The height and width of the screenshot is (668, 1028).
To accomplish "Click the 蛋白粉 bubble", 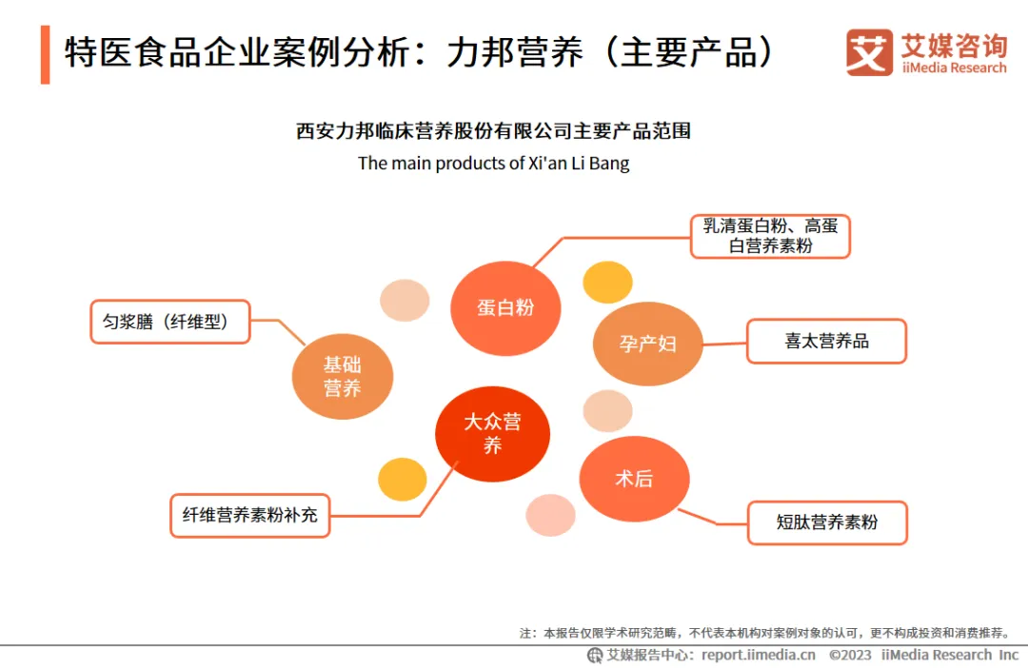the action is tap(505, 307).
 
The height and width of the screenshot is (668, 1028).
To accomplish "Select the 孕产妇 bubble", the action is tap(647, 344).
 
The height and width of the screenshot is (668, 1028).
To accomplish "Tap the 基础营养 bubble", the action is tap(342, 376).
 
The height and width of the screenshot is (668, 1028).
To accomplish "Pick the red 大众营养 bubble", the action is tap(492, 434).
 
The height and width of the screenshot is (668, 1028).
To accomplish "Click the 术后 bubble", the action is tap(634, 479).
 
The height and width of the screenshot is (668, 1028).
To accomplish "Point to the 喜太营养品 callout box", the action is tap(826, 342).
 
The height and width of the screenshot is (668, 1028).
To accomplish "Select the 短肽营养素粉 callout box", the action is tap(826, 522).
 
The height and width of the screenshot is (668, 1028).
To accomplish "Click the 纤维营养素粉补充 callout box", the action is tap(250, 516).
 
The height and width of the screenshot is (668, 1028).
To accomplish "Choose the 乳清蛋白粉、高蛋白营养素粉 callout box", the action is tap(769, 236).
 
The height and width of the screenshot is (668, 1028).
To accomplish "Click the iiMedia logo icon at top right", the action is tap(869, 52).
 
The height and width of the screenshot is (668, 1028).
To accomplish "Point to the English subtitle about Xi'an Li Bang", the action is tap(493, 163).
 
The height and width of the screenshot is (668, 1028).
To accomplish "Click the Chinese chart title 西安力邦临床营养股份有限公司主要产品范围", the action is tap(493, 131).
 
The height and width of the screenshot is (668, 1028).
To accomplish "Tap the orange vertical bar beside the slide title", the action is tap(45, 54).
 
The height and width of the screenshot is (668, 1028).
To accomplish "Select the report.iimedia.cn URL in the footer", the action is tap(758, 655).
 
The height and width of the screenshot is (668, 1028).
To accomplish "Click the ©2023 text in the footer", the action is tap(849, 655).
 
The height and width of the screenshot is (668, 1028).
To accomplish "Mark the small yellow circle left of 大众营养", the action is tap(402, 480).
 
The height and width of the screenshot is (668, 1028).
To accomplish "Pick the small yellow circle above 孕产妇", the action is tap(607, 282).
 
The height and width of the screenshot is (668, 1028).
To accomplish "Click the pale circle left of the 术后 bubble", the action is tap(550, 515).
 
